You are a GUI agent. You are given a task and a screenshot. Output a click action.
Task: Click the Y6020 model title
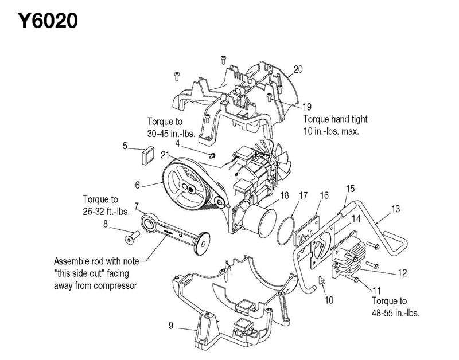pyautogui.click(x=48, y=21)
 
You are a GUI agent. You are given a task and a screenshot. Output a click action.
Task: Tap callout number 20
pyautogui.click(x=298, y=69)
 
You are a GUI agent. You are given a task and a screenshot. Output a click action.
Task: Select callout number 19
pyautogui.click(x=306, y=107)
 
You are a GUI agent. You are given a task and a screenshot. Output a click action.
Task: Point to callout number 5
pyautogui.click(x=125, y=146)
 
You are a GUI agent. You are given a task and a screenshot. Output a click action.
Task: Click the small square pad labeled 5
pyautogui.click(x=148, y=155)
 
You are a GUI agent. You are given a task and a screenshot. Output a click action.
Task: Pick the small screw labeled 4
pyautogui.click(x=212, y=155)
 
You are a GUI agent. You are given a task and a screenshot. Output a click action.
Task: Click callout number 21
pyautogui.click(x=165, y=155)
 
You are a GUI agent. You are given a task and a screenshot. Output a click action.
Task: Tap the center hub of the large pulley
pyautogui.click(x=190, y=190)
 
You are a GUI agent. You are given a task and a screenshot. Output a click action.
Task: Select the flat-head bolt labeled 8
pyautogui.click(x=132, y=237)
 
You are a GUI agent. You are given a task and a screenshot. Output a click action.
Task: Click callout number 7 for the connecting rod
pyautogui.click(x=137, y=206)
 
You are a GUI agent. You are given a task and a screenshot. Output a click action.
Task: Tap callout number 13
pyautogui.click(x=395, y=209)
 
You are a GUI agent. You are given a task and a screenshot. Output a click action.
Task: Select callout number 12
pyautogui.click(x=403, y=273)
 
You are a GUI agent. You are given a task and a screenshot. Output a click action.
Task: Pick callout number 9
pyautogui.click(x=171, y=325)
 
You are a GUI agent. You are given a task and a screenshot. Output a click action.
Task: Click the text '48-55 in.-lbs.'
pyautogui.click(x=396, y=313)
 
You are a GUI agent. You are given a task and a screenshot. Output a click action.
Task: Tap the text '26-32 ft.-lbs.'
pyautogui.click(x=106, y=212)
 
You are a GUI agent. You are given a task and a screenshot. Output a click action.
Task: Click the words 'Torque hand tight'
pyautogui.click(x=335, y=119)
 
